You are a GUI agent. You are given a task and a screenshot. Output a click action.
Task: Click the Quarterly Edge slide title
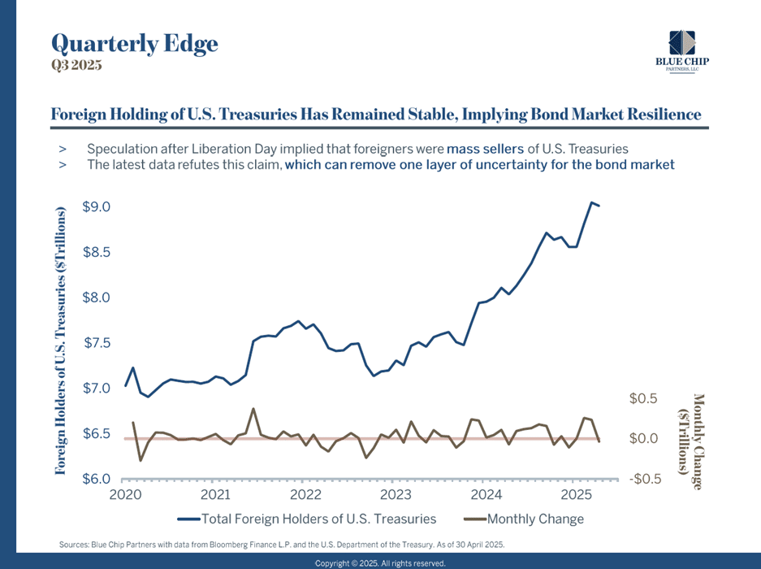tap(134, 43)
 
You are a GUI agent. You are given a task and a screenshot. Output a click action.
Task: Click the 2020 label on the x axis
tap(125, 494)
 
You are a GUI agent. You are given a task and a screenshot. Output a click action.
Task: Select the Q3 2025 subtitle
tap(76, 67)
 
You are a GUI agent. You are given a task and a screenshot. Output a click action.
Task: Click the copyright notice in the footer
tap(380, 562)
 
